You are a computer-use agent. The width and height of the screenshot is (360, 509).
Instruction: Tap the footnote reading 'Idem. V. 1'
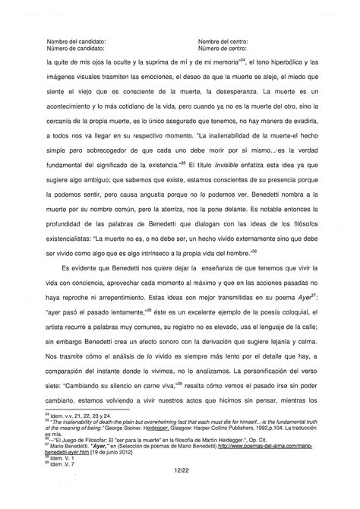[x=65, y=457]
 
